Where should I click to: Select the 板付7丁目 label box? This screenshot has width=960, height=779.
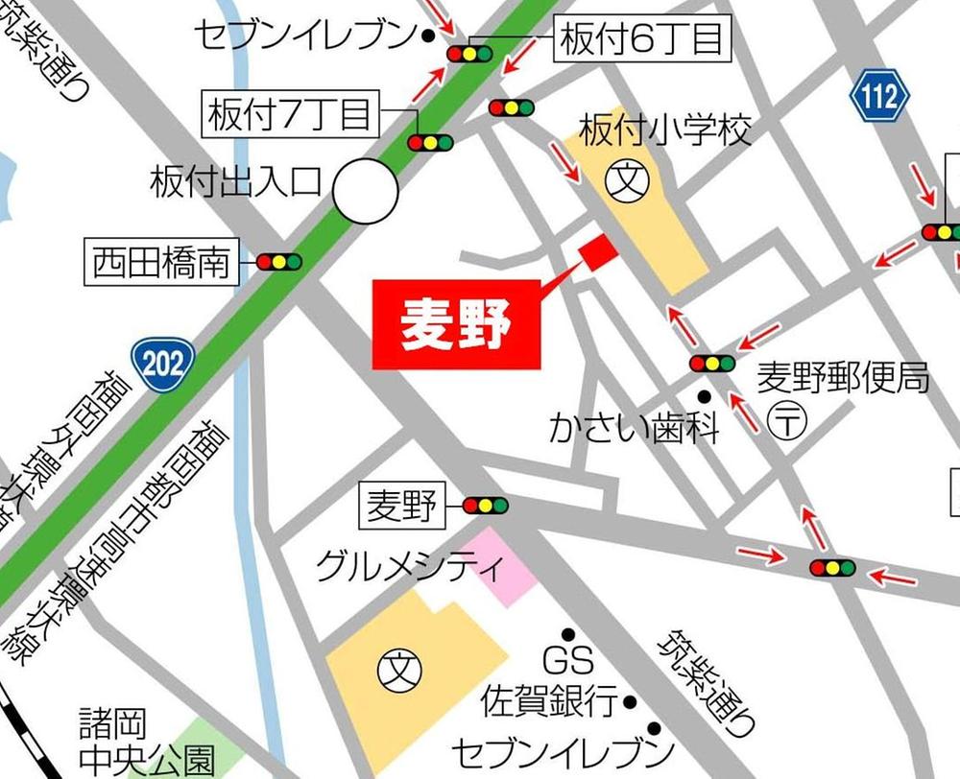pos(290,115)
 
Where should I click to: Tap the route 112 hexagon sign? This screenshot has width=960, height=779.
pos(878,95)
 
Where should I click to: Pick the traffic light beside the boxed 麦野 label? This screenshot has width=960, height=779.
pos(485,505)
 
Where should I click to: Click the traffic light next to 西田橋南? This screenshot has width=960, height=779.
pos(279,261)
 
